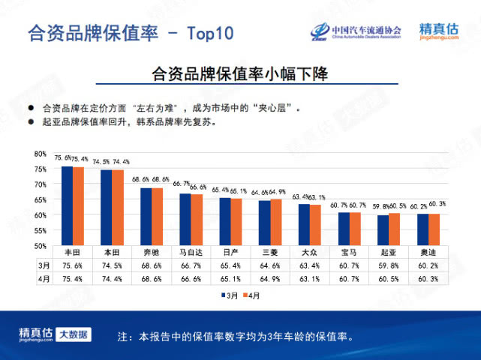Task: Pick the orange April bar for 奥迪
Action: coord(434,229)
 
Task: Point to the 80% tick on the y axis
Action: coord(41,154)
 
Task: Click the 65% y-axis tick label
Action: coord(41,199)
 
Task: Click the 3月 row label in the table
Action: coord(44,265)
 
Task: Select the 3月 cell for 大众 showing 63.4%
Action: coord(310,265)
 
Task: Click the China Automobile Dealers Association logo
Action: coord(356,31)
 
